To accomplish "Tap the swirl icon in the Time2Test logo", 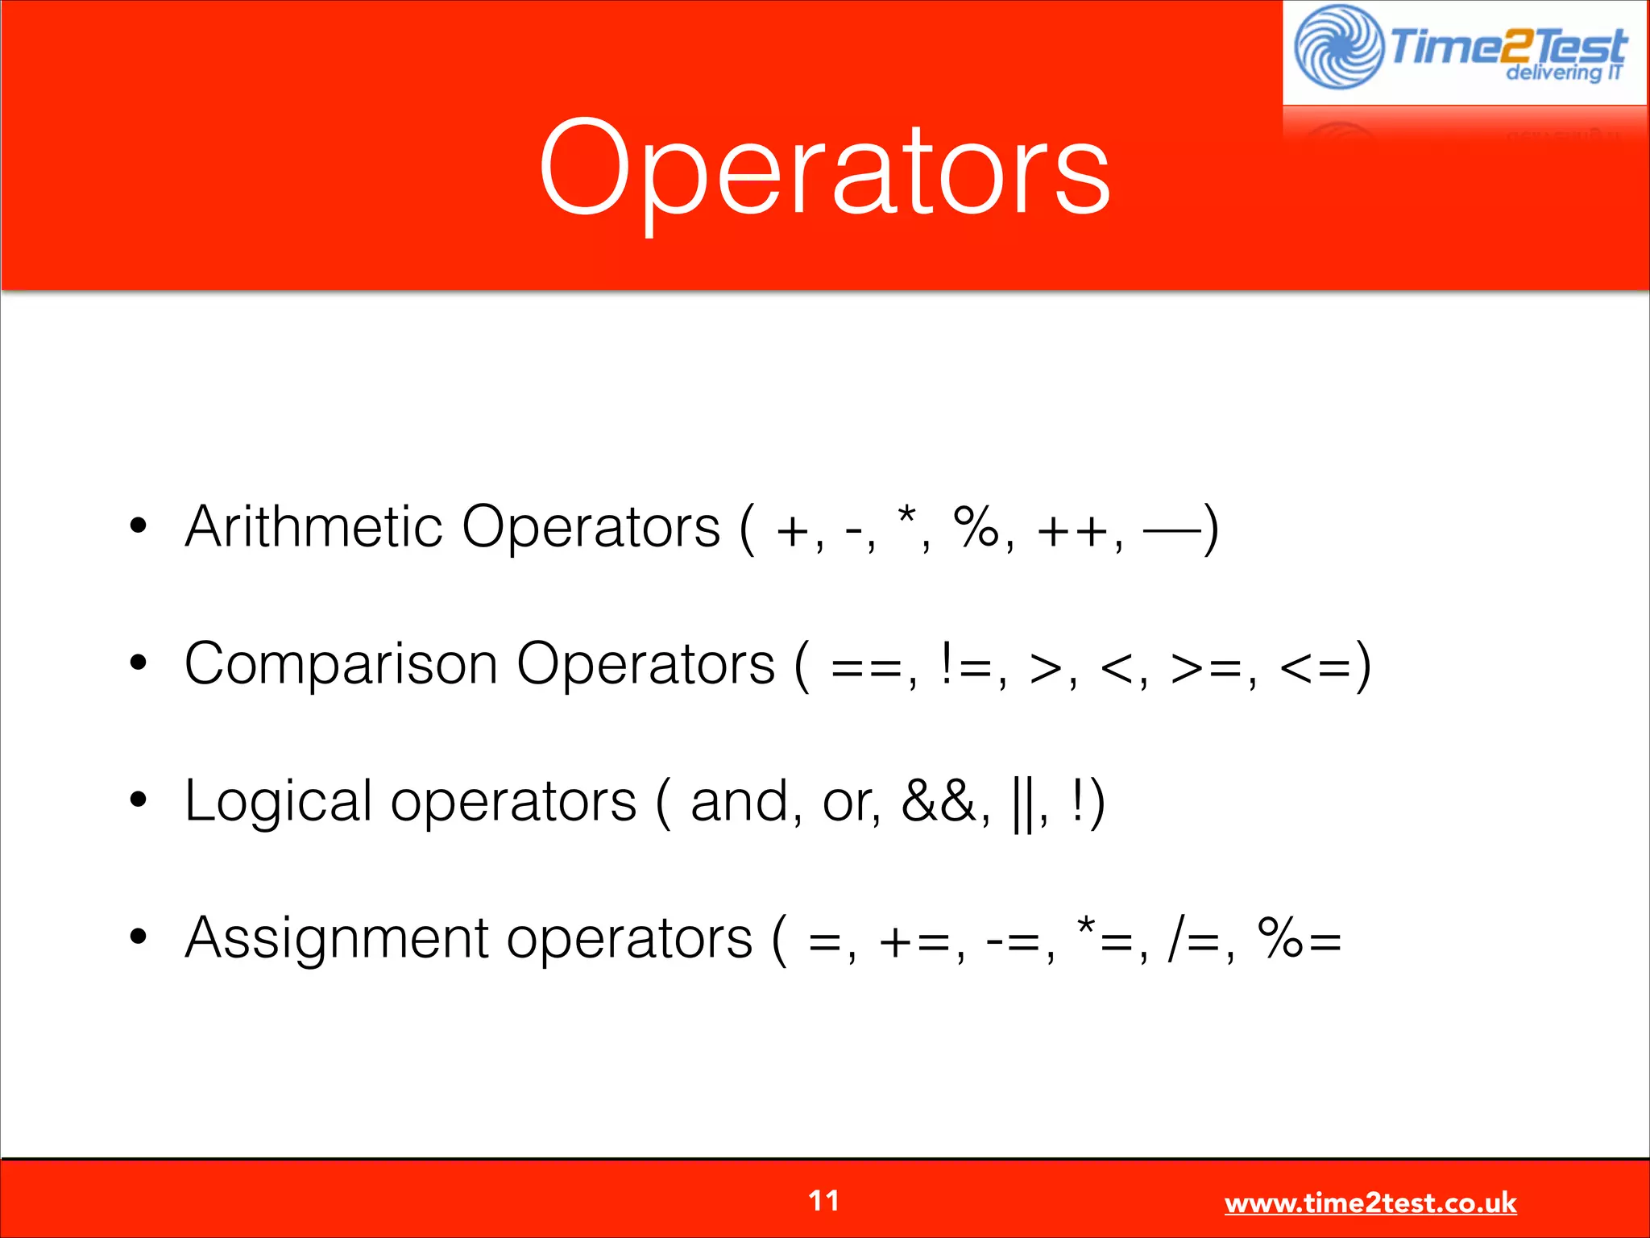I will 1338,47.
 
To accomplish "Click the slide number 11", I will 823,1201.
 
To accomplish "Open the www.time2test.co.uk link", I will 1370,1203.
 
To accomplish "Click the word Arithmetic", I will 313,527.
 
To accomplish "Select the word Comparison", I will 341,665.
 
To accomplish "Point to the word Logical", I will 278,802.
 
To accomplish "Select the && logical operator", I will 939,802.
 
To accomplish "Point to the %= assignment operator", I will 1300,940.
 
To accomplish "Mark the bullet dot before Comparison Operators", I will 139,664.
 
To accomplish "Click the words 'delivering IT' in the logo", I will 1563,73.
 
